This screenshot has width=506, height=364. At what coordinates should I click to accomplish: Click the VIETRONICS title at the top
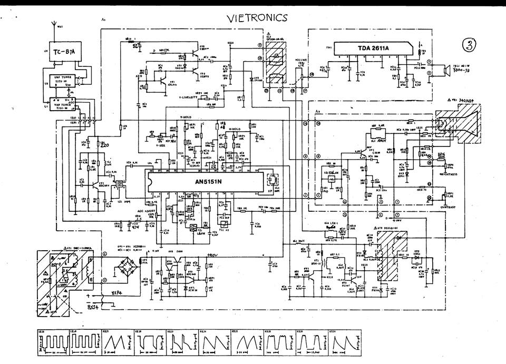[x=257, y=17]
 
